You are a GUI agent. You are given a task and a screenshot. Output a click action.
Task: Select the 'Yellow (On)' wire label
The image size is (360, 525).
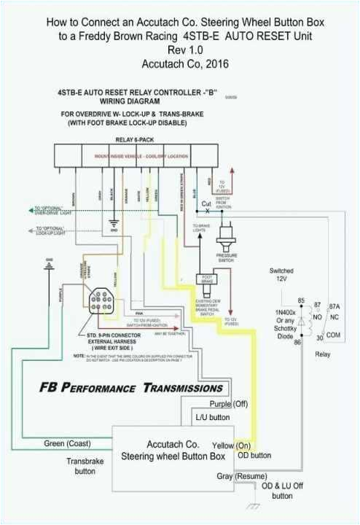click(232, 444)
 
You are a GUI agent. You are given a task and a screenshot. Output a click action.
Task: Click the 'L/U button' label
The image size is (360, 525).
click(213, 418)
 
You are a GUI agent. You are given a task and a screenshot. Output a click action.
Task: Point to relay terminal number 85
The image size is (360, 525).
click(300, 300)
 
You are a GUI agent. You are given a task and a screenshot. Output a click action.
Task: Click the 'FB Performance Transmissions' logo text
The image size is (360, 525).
click(131, 387)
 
